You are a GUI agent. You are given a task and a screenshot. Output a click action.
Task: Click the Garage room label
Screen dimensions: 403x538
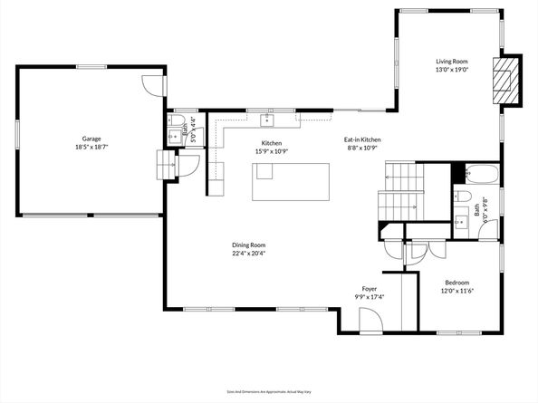88,139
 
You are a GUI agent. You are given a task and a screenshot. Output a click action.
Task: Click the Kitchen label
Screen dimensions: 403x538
272,144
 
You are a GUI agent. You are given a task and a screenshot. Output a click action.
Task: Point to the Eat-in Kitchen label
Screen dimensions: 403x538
361,139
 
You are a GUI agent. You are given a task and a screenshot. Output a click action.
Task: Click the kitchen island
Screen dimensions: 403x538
290,183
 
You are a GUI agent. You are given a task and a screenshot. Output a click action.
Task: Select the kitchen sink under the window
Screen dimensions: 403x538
269,120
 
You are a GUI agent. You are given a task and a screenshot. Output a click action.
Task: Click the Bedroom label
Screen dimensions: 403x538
456,282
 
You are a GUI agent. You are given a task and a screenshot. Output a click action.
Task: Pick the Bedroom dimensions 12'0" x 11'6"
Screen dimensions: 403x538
456,291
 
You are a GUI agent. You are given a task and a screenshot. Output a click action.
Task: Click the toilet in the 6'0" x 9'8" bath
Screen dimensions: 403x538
461,197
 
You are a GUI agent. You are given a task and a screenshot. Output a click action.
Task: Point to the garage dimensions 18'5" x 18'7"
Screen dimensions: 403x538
88,147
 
